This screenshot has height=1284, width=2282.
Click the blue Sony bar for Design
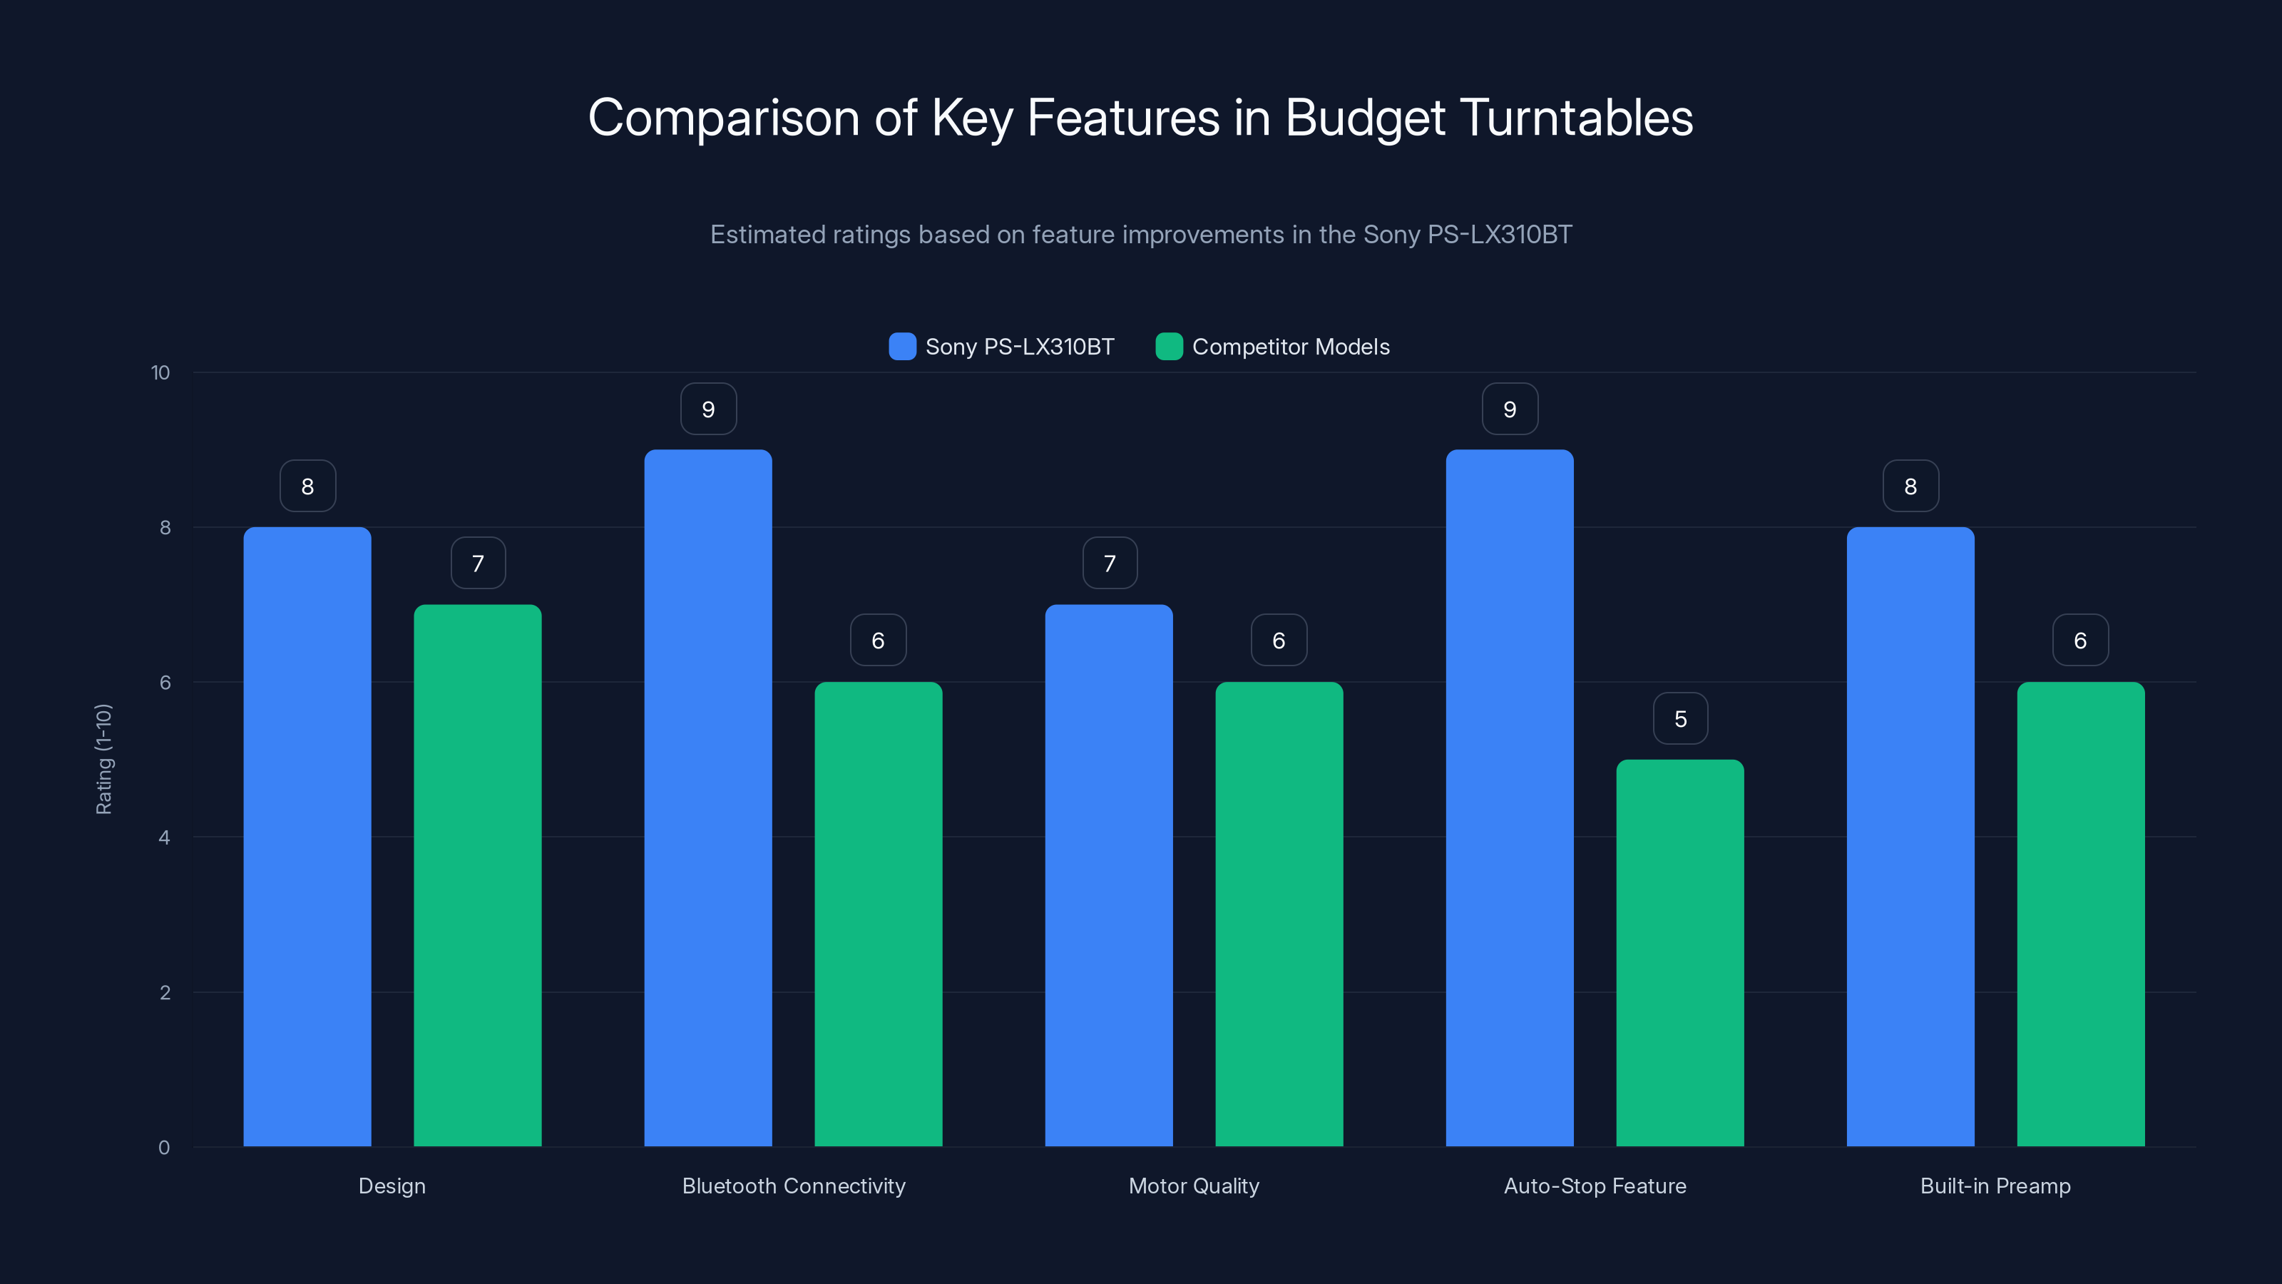pyautogui.click(x=307, y=837)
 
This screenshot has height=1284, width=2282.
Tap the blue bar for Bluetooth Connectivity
pyautogui.click(x=708, y=798)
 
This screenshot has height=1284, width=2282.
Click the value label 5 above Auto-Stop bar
pyautogui.click(x=1679, y=718)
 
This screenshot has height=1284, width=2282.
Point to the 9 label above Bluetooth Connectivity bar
pyautogui.click(x=708, y=409)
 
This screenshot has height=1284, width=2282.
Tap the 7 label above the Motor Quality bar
pyautogui.click(x=1109, y=564)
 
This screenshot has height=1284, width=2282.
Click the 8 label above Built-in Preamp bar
pyautogui.click(x=1910, y=486)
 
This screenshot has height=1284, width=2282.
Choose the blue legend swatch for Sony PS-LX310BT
pyautogui.click(x=902, y=347)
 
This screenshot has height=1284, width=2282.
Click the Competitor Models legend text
pyautogui.click(x=1290, y=347)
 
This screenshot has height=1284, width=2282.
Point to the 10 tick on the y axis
pyautogui.click(x=160, y=372)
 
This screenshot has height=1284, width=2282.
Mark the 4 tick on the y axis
pyautogui.click(x=164, y=837)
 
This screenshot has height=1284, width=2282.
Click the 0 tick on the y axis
pyautogui.click(x=164, y=1148)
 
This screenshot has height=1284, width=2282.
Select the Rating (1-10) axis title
pyautogui.click(x=103, y=760)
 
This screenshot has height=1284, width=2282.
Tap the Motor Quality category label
pyautogui.click(x=1193, y=1186)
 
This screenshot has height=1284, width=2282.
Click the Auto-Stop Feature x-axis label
pyautogui.click(x=1595, y=1186)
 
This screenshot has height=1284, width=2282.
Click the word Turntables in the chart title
pyautogui.click(x=1576, y=118)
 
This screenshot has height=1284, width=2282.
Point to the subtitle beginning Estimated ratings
pyautogui.click(x=1140, y=235)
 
